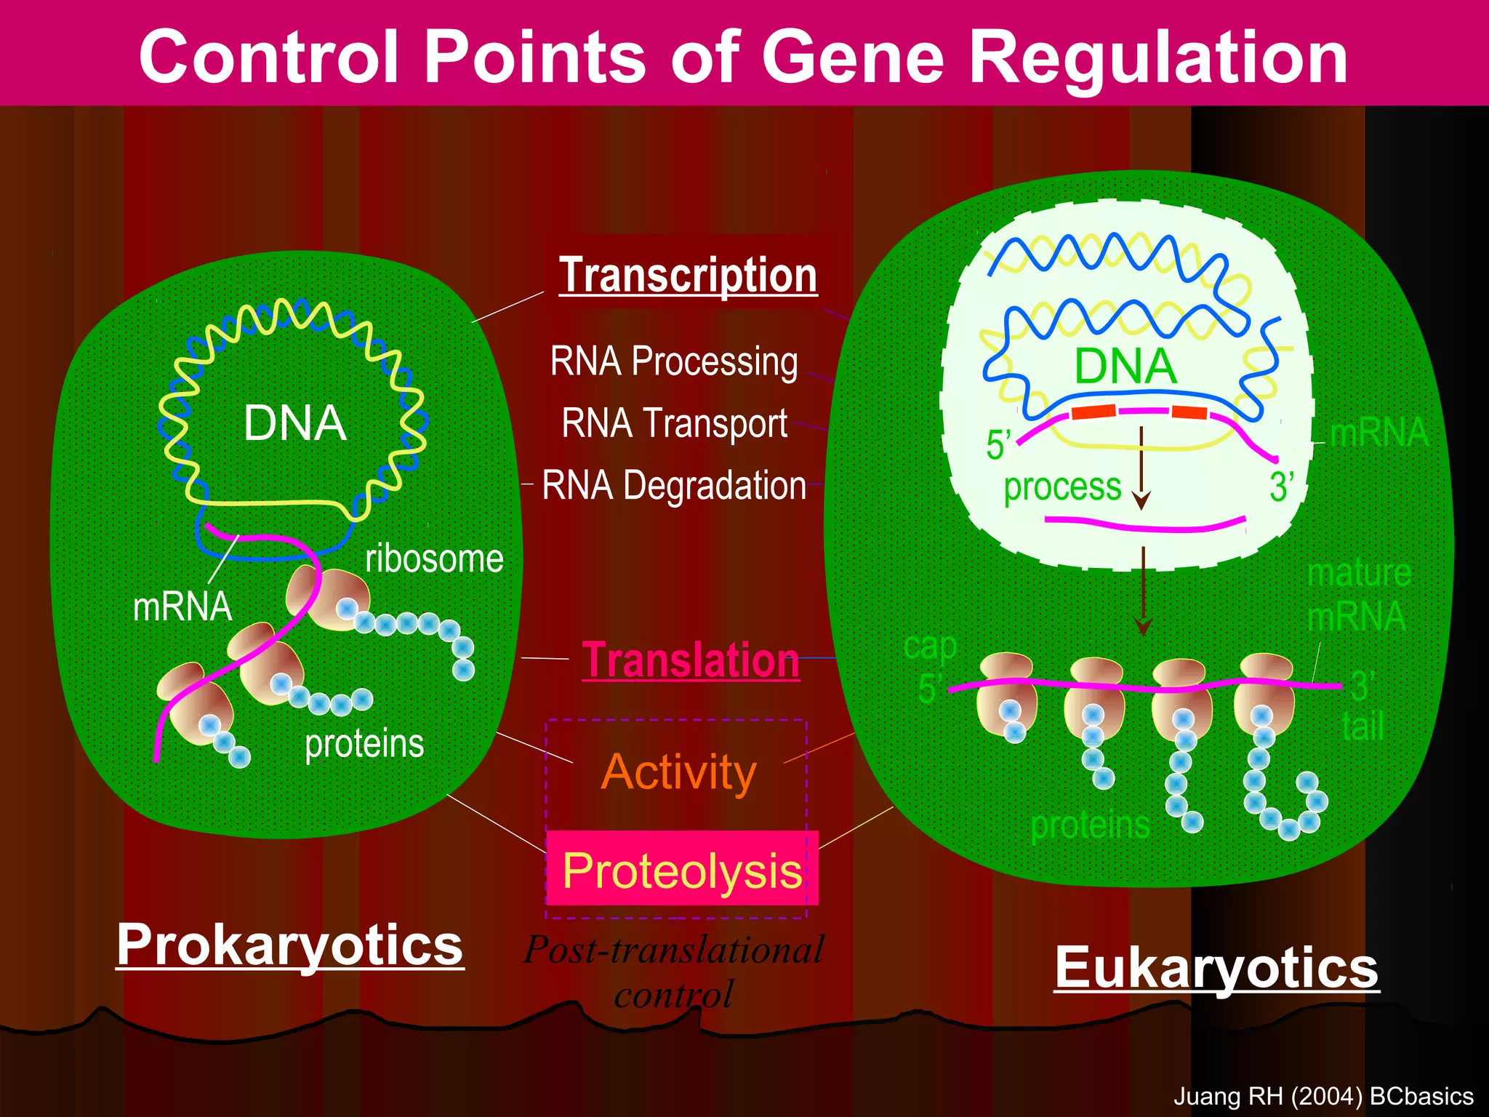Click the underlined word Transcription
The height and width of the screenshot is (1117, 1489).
(688, 276)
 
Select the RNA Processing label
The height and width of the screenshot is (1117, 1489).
(674, 361)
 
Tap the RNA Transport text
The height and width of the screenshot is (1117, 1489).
(674, 423)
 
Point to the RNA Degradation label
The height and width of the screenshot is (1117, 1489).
(674, 486)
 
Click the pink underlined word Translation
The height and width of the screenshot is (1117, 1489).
(691, 661)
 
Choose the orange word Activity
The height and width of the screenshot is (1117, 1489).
(678, 772)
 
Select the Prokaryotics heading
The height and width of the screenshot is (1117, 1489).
(289, 945)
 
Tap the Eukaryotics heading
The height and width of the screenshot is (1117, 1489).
(1216, 968)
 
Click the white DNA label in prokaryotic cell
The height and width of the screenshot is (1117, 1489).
(294, 423)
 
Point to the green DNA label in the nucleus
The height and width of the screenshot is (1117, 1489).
(1125, 366)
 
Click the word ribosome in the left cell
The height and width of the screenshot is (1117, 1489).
(434, 558)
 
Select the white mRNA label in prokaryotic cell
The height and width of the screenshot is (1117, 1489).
(182, 606)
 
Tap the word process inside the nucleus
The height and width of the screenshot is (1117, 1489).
(1062, 487)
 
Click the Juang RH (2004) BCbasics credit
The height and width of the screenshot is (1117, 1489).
(1323, 1096)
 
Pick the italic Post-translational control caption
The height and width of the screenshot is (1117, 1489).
(674, 972)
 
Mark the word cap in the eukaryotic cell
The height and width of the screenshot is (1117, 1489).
(930, 646)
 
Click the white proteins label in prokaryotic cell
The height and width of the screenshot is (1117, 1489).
(364, 743)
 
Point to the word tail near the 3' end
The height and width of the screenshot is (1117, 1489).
(1362, 726)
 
